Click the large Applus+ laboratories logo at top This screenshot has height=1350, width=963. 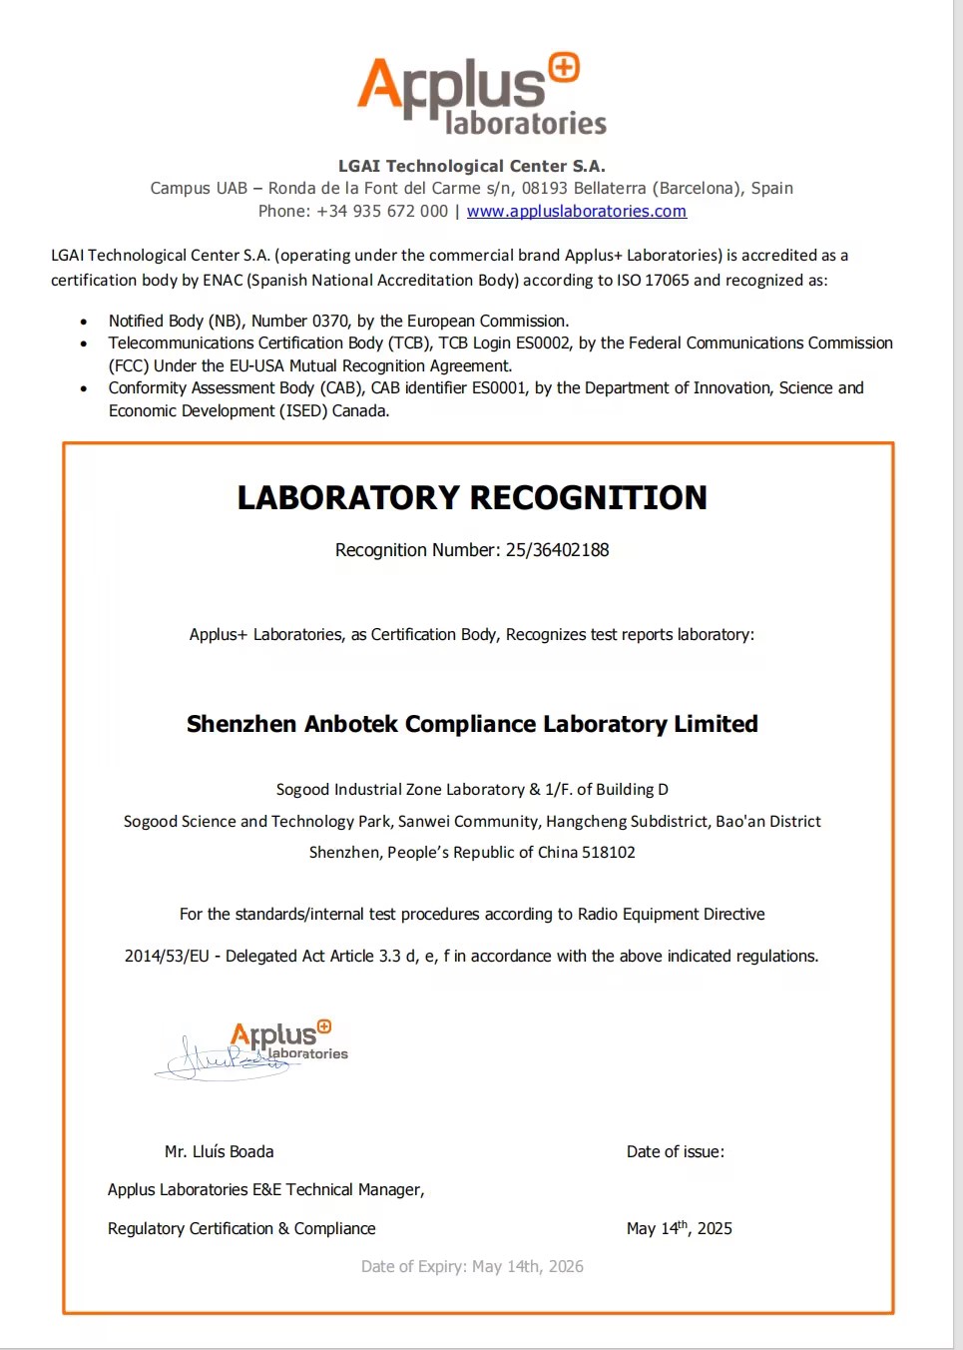pos(482,94)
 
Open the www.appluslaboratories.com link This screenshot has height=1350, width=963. pos(576,211)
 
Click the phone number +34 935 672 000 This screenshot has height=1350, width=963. pos(382,211)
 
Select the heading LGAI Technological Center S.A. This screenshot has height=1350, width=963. pos(471,166)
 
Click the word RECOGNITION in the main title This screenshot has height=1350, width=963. pos(588,497)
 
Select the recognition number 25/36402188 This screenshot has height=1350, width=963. pos(557,549)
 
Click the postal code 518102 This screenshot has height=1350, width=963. pos(609,852)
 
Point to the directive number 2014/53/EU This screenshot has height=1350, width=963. pos(167,956)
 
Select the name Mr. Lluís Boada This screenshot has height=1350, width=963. pos(219,1151)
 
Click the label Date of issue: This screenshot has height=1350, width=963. pos(675,1151)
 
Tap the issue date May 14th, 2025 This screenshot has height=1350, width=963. pos(679,1228)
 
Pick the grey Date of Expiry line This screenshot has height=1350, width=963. pos(472,1266)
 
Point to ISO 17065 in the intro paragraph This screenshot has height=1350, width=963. pos(653,280)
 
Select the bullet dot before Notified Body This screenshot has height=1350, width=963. pos(84,322)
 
